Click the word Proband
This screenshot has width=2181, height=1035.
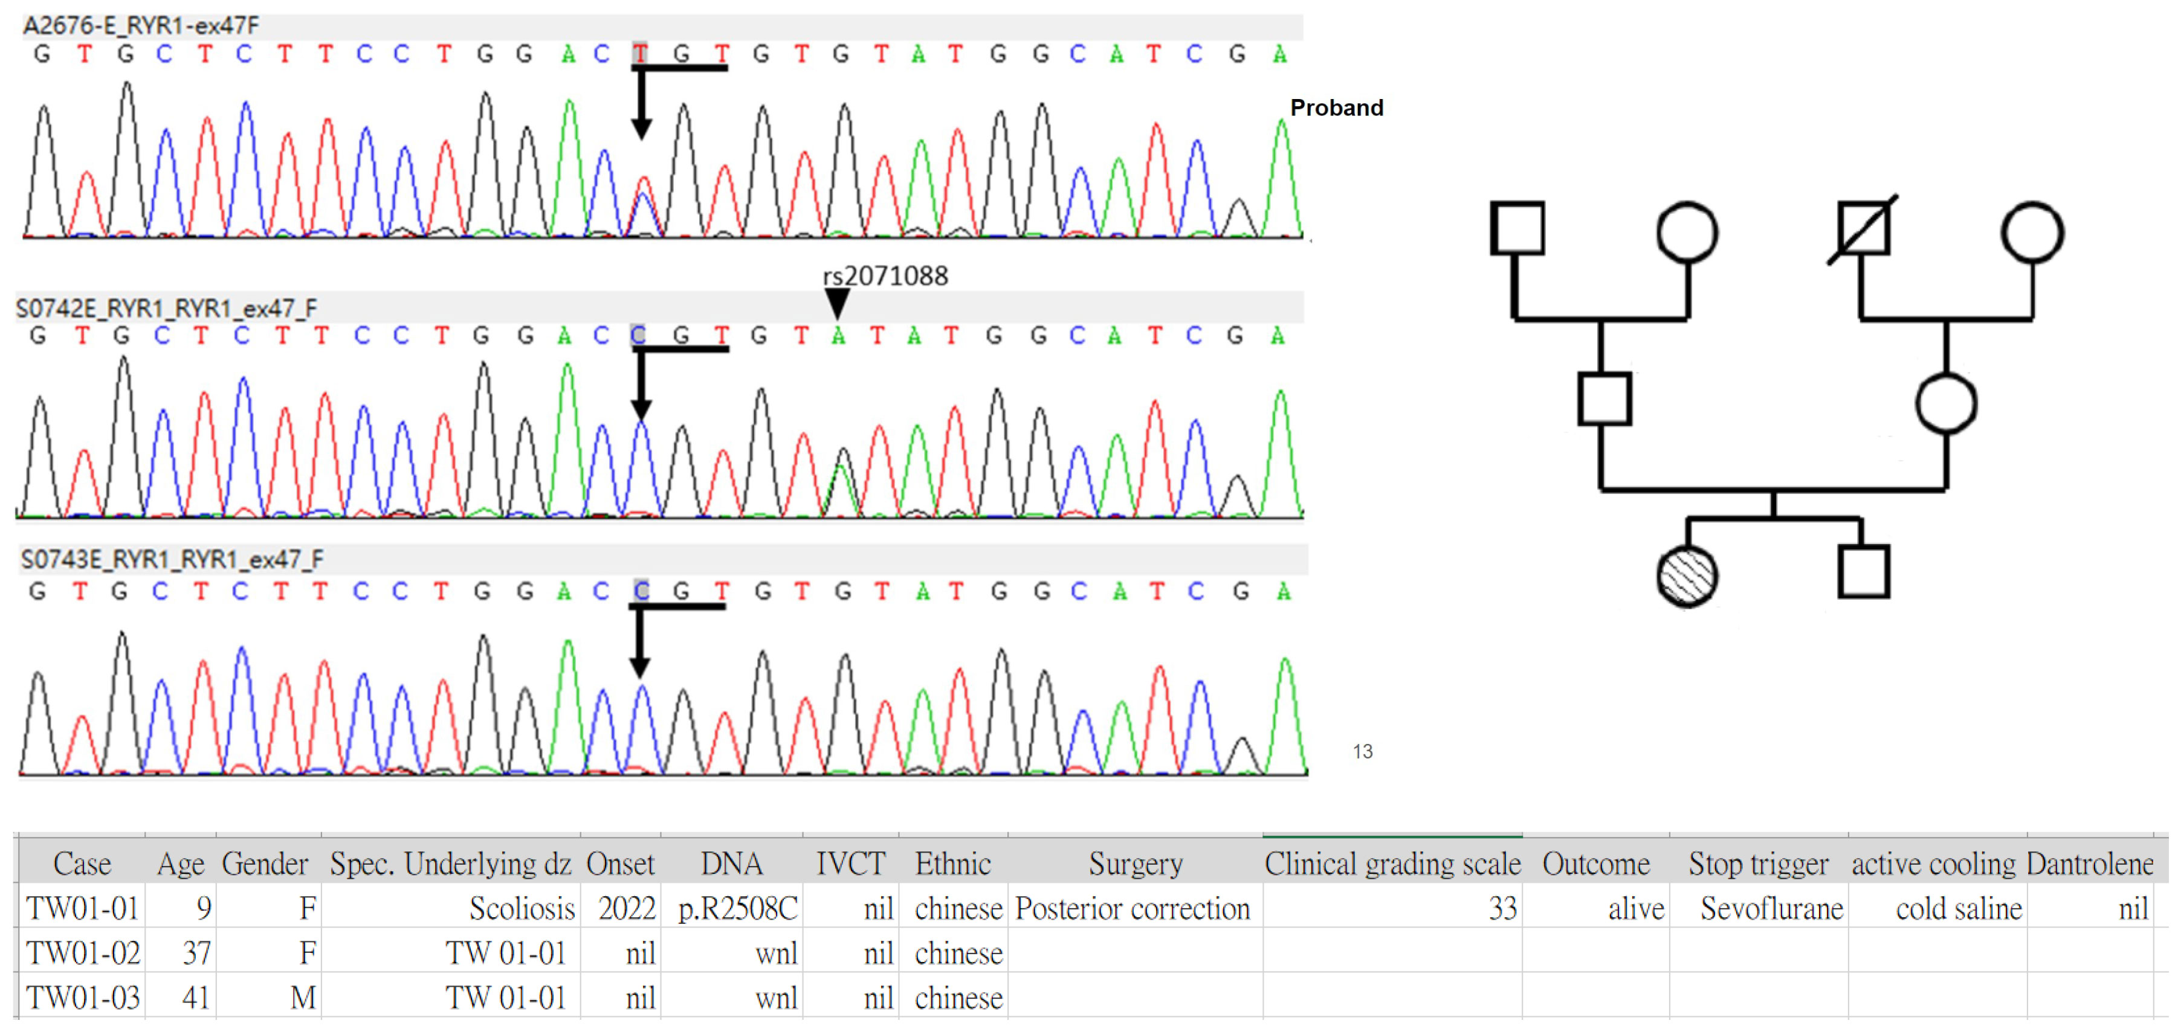click(x=1336, y=107)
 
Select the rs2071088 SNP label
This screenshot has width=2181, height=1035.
click(x=885, y=276)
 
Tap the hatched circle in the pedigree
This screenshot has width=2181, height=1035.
click(x=1687, y=576)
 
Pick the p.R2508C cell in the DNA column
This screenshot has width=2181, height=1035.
click(x=737, y=908)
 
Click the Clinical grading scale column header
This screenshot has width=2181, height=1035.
click(x=1392, y=864)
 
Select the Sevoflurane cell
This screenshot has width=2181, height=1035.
click(x=1771, y=908)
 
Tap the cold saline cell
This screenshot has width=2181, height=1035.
click(x=1959, y=908)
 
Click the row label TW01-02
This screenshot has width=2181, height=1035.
click(x=83, y=953)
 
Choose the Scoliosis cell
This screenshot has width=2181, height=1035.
click(x=522, y=908)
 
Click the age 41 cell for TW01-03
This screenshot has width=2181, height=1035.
click(x=196, y=998)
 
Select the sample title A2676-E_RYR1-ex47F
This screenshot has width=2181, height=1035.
click(x=141, y=25)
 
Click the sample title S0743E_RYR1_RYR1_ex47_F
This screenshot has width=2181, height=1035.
click(x=172, y=559)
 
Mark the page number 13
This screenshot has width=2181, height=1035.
click(x=1362, y=752)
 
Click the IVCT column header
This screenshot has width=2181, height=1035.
click(x=850, y=864)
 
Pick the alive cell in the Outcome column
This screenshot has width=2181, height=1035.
click(x=1636, y=908)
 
